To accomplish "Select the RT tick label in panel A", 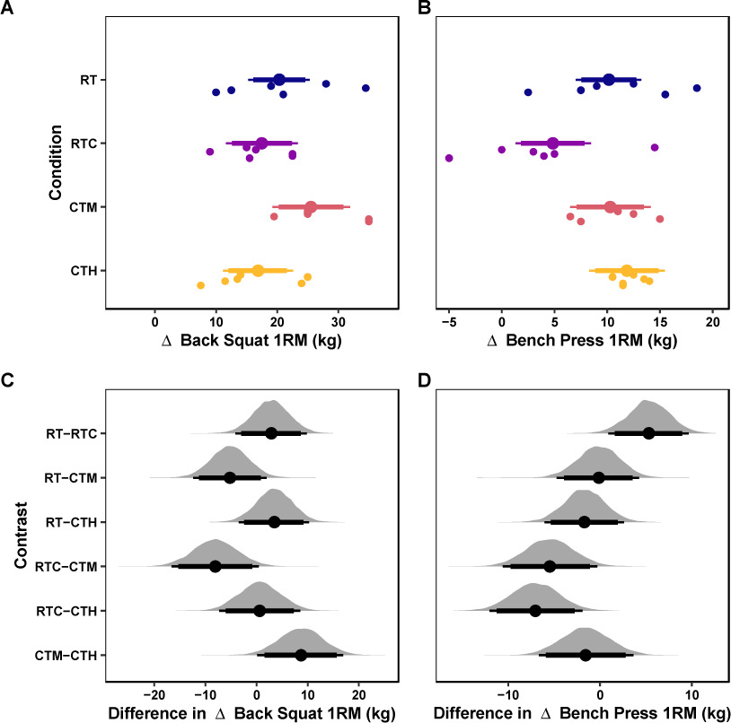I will [x=89, y=80].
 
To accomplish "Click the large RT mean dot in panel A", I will [x=279, y=80].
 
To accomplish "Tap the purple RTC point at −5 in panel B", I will [x=449, y=158].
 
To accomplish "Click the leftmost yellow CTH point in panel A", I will [x=200, y=285].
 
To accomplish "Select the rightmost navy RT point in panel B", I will [x=697, y=88].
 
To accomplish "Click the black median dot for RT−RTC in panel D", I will [x=648, y=433].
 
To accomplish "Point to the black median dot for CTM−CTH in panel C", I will [x=301, y=655].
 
